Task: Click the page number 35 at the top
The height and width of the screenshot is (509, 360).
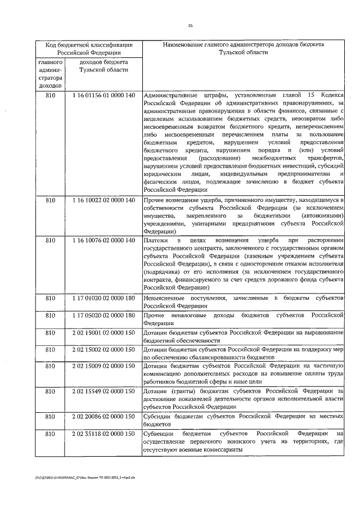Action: (190, 25)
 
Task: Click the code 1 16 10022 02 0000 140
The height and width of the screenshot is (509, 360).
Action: (104, 200)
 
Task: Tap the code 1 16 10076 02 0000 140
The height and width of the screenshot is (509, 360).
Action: (104, 241)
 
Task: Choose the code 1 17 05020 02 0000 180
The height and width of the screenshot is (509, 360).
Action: (104, 315)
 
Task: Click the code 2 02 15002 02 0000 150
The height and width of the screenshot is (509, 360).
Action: (104, 350)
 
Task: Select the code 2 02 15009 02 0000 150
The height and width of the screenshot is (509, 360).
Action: (104, 367)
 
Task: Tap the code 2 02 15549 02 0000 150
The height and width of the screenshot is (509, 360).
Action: (104, 391)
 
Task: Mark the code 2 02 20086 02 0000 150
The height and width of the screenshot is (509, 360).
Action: (104, 417)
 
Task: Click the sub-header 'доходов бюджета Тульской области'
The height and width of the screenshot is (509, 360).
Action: (104, 66)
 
